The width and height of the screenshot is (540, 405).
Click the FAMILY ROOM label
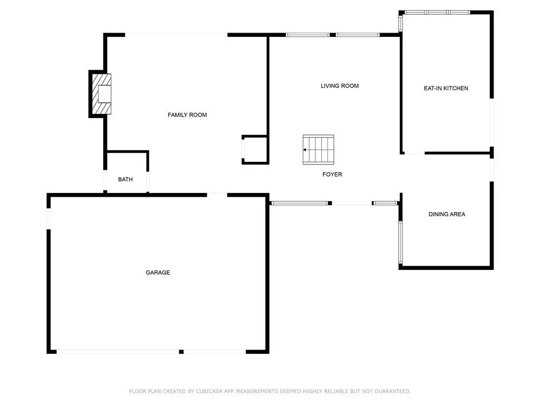187,115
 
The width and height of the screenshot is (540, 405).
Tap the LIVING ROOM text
340,86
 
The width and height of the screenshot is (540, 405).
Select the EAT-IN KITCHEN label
446,89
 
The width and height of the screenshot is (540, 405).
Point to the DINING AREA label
447,214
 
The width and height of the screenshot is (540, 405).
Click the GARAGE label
158,273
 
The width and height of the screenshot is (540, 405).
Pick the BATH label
126,179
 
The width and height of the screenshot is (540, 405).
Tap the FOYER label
332,175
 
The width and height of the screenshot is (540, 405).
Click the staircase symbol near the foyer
318,150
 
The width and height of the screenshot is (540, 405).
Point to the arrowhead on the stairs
305,150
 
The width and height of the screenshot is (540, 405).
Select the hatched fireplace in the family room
101,94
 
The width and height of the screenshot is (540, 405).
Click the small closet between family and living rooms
255,150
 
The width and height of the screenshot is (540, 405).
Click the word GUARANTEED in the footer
392,391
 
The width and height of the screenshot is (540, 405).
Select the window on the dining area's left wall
401,243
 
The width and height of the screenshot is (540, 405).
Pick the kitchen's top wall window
437,13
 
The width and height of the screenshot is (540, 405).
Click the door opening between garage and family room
217,195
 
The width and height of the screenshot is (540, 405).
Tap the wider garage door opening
118,352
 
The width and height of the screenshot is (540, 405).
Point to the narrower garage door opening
215,352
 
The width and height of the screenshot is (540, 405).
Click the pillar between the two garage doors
181,352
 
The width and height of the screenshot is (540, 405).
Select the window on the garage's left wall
49,219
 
